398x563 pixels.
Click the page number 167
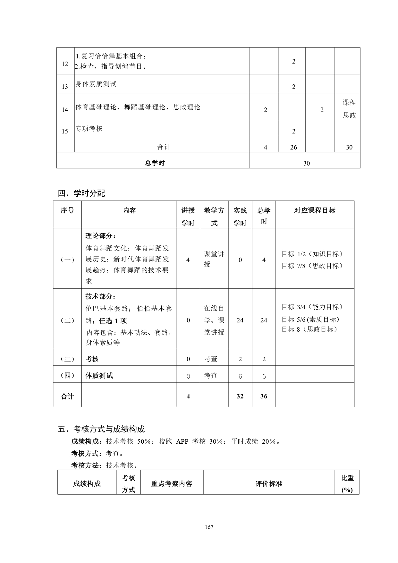pyautogui.click(x=208, y=527)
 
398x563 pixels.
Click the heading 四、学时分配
pyautogui.click(x=81, y=193)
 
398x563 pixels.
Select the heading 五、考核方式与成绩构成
pyautogui.click(x=101, y=429)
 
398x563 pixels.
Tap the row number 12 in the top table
pyautogui.click(x=65, y=64)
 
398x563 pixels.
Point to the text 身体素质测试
pyautogui.click(x=96, y=84)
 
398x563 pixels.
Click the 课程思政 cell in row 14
pyautogui.click(x=349, y=109)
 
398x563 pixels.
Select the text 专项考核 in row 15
pyautogui.click(x=89, y=129)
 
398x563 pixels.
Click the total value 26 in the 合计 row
pyautogui.click(x=293, y=147)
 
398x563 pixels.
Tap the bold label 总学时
pyautogui.click(x=155, y=163)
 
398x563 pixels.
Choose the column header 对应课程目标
pyautogui.click(x=315, y=210)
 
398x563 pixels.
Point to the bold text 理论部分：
pyautogui.click(x=101, y=236)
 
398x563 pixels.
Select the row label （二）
pyautogui.click(x=67, y=320)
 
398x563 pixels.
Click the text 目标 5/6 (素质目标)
pyautogui.click(x=310, y=320)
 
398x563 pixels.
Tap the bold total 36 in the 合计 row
pyautogui.click(x=264, y=396)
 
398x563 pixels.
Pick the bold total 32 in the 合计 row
pyautogui.click(x=240, y=396)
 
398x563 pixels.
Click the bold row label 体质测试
pyautogui.click(x=99, y=376)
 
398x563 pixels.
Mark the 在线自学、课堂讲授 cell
pyautogui.click(x=214, y=320)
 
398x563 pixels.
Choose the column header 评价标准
pyautogui.click(x=269, y=484)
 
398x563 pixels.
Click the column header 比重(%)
pyautogui.click(x=347, y=484)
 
